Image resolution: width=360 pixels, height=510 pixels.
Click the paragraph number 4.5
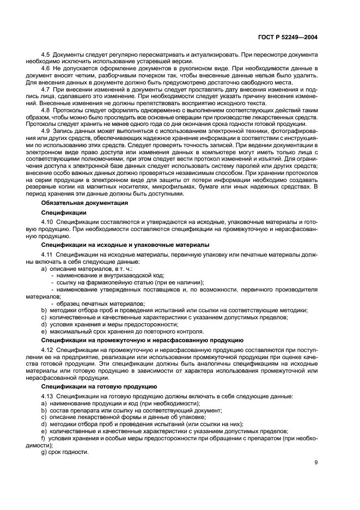coord(46,56)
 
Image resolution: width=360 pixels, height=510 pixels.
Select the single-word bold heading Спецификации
coord(64,212)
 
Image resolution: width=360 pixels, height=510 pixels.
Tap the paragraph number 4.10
coord(47,222)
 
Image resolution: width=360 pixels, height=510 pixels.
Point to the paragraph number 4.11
coord(47,255)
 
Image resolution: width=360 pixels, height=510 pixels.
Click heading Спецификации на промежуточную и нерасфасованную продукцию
coord(142,339)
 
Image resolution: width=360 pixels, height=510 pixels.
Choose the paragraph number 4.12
coord(47,349)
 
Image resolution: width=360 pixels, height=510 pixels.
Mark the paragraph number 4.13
coord(47,396)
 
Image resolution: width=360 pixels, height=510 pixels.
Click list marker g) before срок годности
coord(44,452)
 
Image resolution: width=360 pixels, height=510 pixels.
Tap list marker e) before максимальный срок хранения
coord(44,331)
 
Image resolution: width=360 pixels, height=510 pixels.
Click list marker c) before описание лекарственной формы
coord(44,417)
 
